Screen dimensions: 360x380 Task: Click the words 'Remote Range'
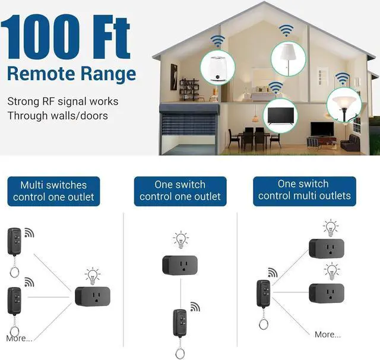click(x=72, y=74)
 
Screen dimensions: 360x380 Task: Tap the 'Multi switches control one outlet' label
click(x=53, y=191)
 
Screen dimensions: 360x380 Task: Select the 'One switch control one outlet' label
click(x=180, y=191)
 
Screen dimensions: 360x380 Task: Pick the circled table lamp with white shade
click(x=288, y=58)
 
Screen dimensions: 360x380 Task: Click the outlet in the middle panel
click(x=180, y=264)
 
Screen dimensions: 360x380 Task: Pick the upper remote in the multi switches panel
click(x=15, y=241)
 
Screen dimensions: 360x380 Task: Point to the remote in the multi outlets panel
click(x=263, y=295)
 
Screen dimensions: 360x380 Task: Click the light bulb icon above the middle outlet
click(x=180, y=240)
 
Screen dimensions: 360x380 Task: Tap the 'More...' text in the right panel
click(x=328, y=334)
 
